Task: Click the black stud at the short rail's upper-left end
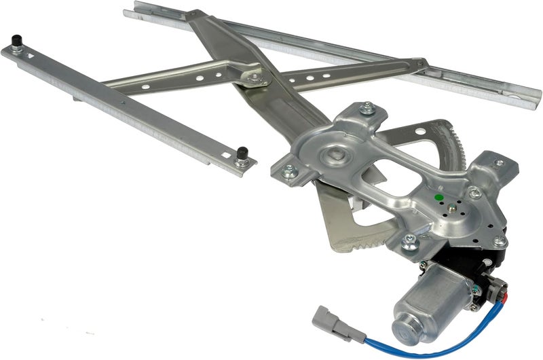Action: click(18, 48)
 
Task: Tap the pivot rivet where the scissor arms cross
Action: click(256, 79)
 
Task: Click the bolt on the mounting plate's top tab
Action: click(367, 107)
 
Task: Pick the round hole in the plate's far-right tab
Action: click(499, 164)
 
